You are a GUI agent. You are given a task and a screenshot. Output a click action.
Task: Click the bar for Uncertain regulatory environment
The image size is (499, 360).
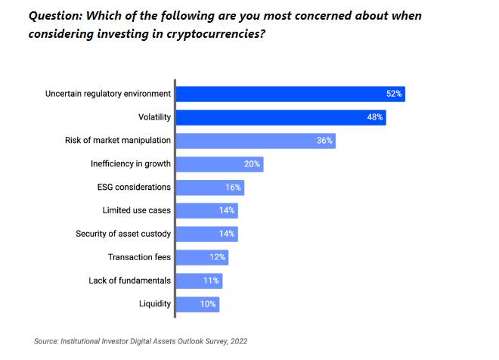pyautogui.click(x=290, y=95)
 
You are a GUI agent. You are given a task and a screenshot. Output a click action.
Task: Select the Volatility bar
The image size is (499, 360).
pyautogui.click(x=280, y=118)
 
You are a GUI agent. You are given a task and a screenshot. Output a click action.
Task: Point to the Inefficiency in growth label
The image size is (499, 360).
pyautogui.click(x=130, y=164)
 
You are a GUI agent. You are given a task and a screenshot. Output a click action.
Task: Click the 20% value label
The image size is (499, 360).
pyautogui.click(x=252, y=164)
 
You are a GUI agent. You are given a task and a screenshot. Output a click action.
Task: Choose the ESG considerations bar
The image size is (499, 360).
pyautogui.click(x=209, y=188)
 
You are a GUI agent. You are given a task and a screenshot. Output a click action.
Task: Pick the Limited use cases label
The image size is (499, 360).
pyautogui.click(x=136, y=210)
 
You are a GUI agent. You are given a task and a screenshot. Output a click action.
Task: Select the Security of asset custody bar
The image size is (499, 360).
pyautogui.click(x=206, y=234)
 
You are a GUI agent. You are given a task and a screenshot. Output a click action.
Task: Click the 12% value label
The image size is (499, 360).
pyautogui.click(x=217, y=257)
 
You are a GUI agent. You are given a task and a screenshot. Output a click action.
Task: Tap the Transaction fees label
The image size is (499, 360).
pyautogui.click(x=139, y=257)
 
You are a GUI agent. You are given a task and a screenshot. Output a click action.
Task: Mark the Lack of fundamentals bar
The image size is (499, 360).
pyautogui.click(x=199, y=281)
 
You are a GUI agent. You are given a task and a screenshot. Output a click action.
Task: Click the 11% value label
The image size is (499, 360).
pyautogui.click(x=211, y=281)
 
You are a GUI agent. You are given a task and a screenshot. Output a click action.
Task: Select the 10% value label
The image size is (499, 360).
pyautogui.click(x=208, y=304)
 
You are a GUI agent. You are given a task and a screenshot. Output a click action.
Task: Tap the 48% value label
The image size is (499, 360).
pyautogui.click(x=375, y=118)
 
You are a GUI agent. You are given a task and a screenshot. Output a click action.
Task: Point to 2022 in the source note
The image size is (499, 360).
pyautogui.click(x=237, y=342)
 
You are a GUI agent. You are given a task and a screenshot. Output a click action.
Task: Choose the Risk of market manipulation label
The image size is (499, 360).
pyautogui.click(x=119, y=141)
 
